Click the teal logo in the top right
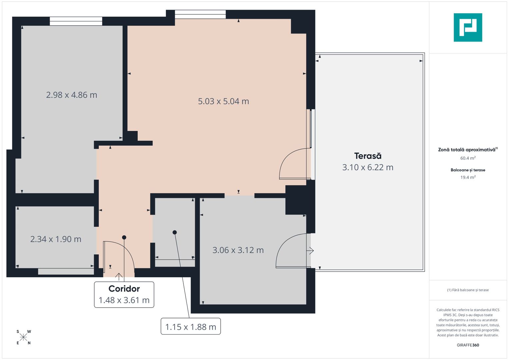click(468, 27)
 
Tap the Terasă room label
click(368, 156)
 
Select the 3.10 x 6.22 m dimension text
click(368, 167)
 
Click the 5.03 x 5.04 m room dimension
click(223, 101)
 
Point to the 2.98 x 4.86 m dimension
click(72, 95)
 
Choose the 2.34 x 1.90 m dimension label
click(56, 239)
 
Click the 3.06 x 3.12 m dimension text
click(238, 250)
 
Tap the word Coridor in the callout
click(124, 289)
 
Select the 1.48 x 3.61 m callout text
click(124, 300)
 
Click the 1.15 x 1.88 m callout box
click(191, 327)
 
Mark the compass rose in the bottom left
click(23, 337)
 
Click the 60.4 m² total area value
click(468, 158)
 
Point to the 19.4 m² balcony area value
click(468, 177)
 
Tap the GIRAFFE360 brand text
click(468, 345)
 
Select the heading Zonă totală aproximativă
click(467, 150)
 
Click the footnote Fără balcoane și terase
click(468, 290)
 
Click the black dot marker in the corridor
click(124, 237)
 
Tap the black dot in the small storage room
click(175, 232)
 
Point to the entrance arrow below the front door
click(119, 276)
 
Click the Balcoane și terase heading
click(468, 170)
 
